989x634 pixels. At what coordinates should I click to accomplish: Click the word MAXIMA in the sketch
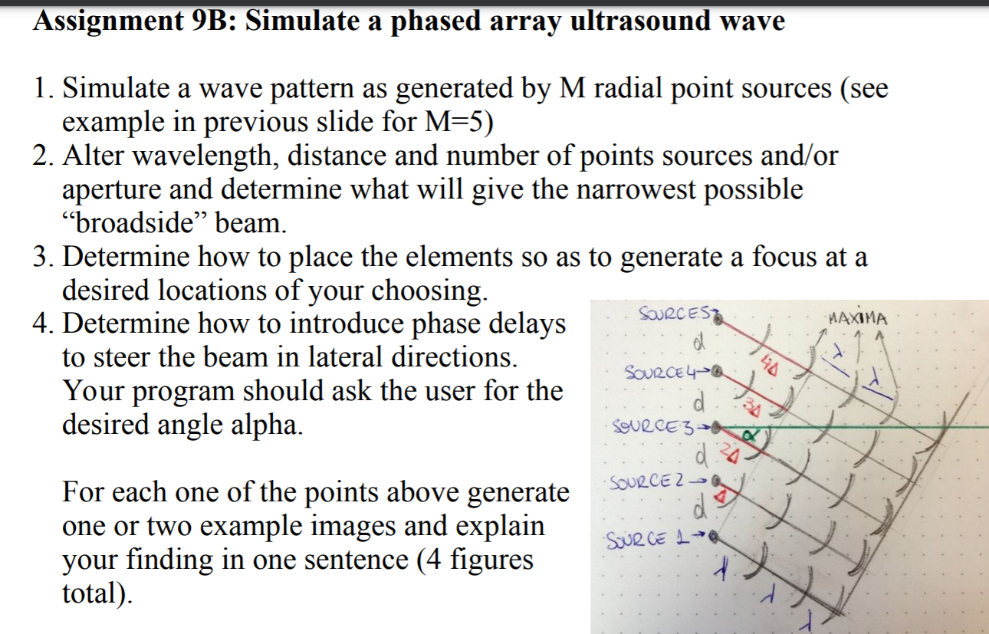(x=859, y=318)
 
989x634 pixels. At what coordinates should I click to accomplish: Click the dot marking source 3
(x=716, y=427)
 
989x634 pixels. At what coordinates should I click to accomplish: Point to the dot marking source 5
(x=718, y=319)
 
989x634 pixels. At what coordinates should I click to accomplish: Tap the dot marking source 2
(x=715, y=481)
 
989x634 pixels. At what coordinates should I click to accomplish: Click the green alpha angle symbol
(x=749, y=435)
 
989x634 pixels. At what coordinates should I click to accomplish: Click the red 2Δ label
(x=729, y=455)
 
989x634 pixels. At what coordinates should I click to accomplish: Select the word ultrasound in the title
(x=639, y=20)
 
